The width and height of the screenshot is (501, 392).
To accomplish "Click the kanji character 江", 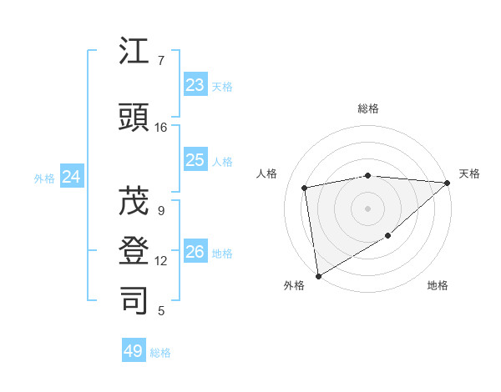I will pyautogui.click(x=134, y=54).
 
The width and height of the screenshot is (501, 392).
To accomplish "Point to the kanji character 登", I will pyautogui.click(x=134, y=251).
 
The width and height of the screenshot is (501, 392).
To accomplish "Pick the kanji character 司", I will pyautogui.click(x=134, y=299).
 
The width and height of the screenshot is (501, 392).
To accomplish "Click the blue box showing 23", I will pyautogui.click(x=195, y=85).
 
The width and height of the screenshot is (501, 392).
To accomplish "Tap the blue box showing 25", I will pyautogui.click(x=195, y=160).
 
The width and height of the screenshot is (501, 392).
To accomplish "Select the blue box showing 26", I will pyautogui.click(x=195, y=252).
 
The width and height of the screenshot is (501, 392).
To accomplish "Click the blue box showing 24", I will pyautogui.click(x=72, y=177).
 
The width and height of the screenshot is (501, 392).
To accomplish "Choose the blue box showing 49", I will pyautogui.click(x=134, y=351).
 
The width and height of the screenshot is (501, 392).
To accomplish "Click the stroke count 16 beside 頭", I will pyautogui.click(x=161, y=128).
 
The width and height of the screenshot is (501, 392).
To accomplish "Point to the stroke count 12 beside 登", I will pyautogui.click(x=161, y=261).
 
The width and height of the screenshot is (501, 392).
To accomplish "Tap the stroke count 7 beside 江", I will pyautogui.click(x=161, y=60).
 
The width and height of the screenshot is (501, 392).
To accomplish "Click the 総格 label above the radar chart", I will pyautogui.click(x=368, y=108).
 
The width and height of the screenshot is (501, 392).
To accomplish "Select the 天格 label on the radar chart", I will pyautogui.click(x=469, y=173).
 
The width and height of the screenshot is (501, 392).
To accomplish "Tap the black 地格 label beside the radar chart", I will pyautogui.click(x=438, y=285).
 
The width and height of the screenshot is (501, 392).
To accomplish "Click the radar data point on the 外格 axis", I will pyautogui.click(x=318, y=275).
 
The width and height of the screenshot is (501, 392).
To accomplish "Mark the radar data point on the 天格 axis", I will pyautogui.click(x=448, y=183).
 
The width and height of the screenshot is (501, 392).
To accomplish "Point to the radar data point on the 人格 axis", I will pyautogui.click(x=305, y=188).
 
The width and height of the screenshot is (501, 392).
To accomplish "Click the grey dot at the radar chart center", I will pyautogui.click(x=368, y=208).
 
